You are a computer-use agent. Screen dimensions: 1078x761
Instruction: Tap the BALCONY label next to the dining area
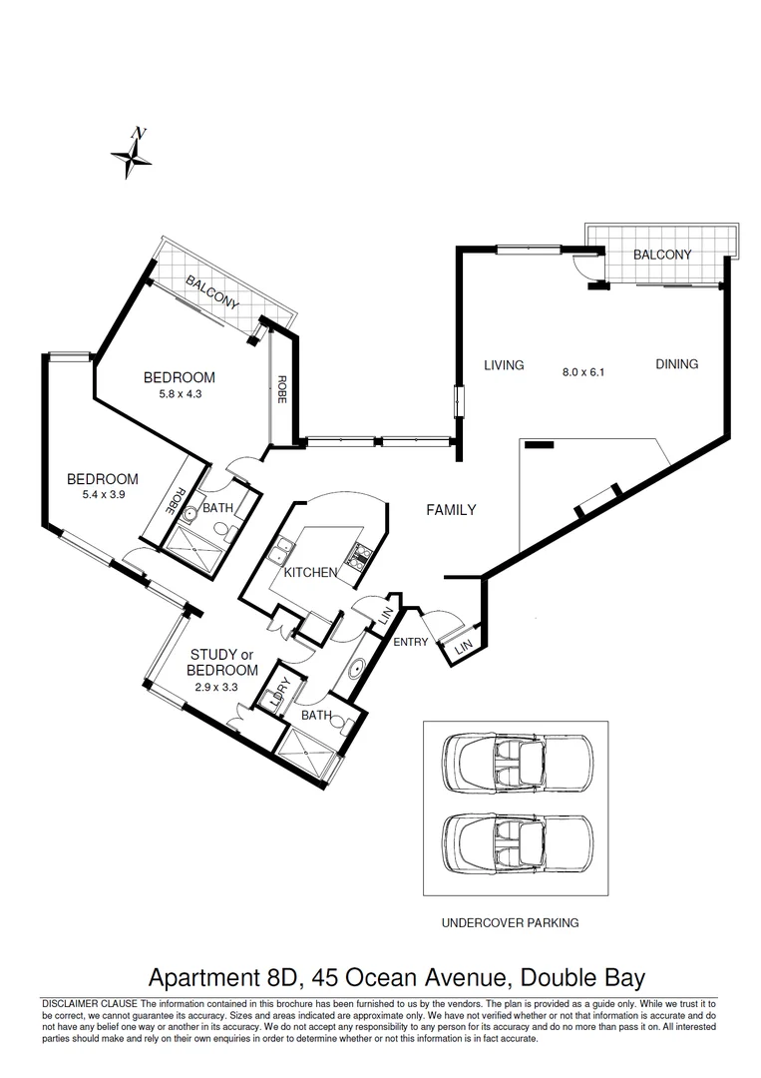point(662,255)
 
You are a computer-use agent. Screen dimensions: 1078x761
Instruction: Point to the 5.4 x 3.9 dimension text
point(102,494)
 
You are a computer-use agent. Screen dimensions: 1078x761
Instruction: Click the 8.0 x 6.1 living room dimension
point(583,371)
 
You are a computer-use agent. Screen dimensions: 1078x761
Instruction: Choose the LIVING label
point(504,365)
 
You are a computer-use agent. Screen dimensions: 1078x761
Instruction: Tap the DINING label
point(676,364)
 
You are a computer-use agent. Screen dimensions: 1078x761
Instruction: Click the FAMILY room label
point(451,510)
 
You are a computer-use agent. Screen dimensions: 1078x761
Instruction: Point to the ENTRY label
point(410,642)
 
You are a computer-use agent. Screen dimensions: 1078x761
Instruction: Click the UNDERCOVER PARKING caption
point(510,923)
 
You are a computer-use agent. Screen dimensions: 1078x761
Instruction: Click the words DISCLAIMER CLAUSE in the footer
point(90,1003)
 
